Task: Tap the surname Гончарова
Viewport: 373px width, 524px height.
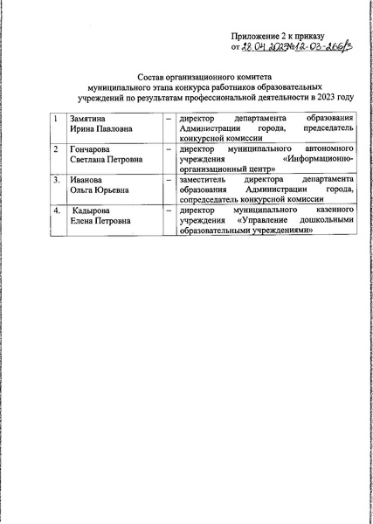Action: [91, 149]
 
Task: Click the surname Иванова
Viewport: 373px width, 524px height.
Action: [86, 181]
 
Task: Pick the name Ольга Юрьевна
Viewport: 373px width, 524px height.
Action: [99, 191]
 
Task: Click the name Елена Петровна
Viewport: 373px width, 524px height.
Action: [101, 223]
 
